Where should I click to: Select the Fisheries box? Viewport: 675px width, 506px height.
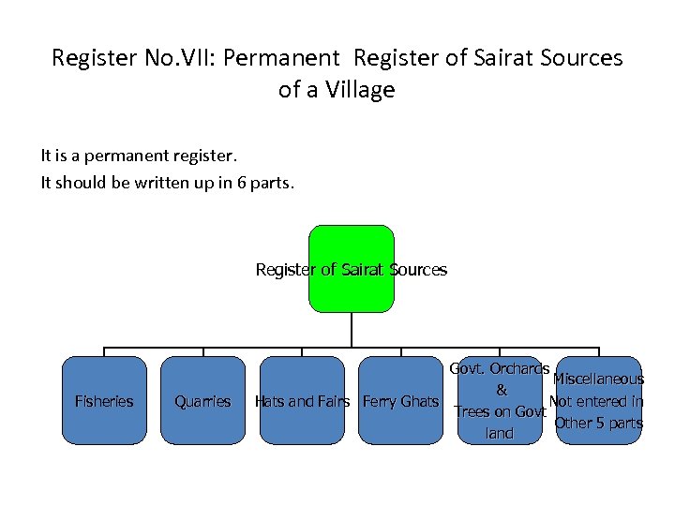[x=103, y=400]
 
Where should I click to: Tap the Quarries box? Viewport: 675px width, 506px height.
[x=202, y=400]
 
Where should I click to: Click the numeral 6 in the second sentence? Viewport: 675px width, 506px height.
[x=242, y=183]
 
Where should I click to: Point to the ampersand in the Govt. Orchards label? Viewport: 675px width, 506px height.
[x=501, y=390]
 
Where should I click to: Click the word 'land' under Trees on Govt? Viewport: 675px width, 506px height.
[x=500, y=433]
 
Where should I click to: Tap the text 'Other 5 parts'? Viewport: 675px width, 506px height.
[x=599, y=423]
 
